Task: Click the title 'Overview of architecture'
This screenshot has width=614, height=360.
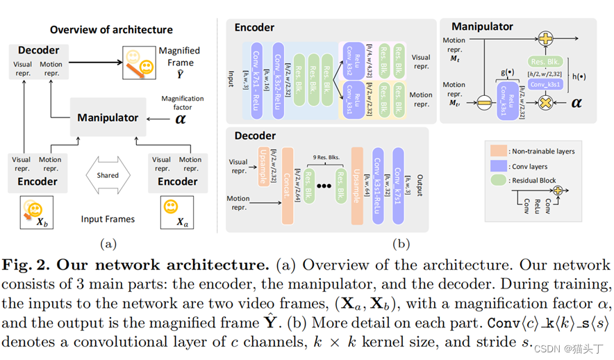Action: [x=111, y=30]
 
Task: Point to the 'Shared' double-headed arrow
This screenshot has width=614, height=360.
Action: [x=108, y=176]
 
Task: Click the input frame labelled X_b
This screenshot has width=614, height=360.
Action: [x=38, y=213]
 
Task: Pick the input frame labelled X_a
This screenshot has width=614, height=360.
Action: [x=177, y=213]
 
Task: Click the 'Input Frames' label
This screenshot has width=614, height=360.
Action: [x=108, y=219]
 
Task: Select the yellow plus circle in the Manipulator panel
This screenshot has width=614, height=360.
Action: [x=546, y=40]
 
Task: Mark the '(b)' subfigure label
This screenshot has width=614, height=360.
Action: [x=401, y=243]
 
